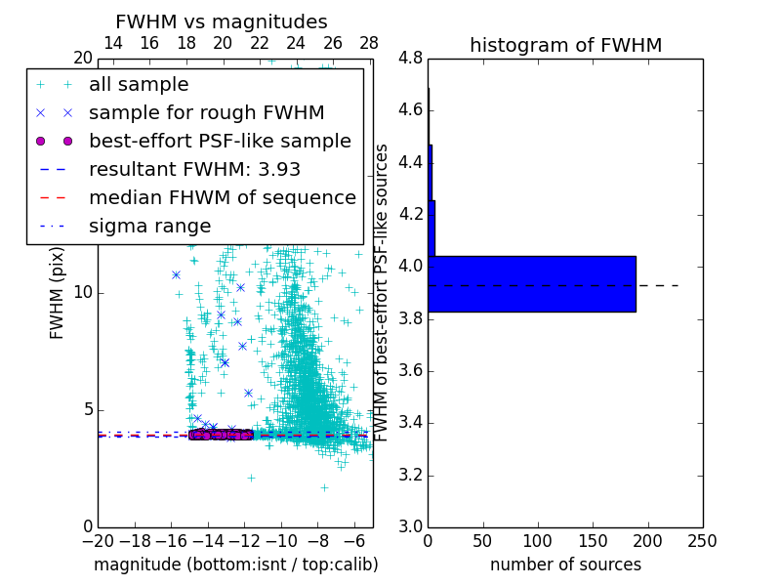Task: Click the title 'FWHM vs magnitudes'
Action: tap(222, 21)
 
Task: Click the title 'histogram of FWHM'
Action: tap(565, 45)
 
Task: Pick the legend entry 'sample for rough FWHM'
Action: tap(206, 112)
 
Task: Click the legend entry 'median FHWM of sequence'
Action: tap(222, 197)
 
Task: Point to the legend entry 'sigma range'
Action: tap(149, 226)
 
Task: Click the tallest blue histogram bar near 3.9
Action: tap(531, 284)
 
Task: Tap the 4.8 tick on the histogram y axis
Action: tap(411, 58)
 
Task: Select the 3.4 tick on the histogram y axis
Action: tap(411, 423)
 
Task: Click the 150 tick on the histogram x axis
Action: tap(593, 540)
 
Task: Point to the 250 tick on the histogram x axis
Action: tap(702, 540)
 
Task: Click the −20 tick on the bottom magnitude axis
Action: tap(98, 540)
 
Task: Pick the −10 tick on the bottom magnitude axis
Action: tap(281, 540)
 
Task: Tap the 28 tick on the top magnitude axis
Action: tap(369, 43)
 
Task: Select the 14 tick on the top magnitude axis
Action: tap(112, 43)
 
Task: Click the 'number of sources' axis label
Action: tap(565, 565)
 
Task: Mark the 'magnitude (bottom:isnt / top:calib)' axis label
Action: tap(235, 565)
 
